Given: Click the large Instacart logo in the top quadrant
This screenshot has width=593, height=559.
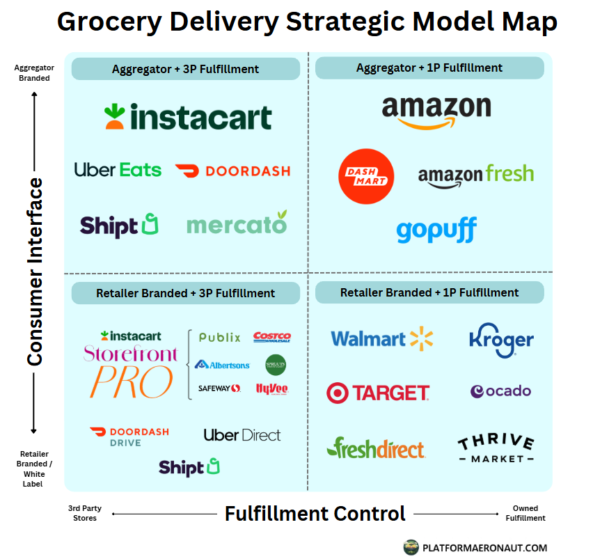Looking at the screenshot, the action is point(188,116).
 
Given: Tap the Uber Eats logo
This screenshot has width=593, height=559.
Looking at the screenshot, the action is point(118,170).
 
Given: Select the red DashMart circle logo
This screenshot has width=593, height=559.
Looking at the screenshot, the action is point(365,176).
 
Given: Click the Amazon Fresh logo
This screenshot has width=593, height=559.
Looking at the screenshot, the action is point(475,174).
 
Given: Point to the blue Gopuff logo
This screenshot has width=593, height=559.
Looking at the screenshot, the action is point(436,230).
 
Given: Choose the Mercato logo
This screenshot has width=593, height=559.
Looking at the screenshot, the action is point(237,224).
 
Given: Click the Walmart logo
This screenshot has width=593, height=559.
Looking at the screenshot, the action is point(381,339).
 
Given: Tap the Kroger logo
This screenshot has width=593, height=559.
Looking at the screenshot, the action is point(501,340).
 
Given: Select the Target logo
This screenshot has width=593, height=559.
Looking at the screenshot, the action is point(378,393).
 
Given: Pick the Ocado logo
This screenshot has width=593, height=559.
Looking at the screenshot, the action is point(500,391).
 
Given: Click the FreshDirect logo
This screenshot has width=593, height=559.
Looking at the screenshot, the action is point(376,448).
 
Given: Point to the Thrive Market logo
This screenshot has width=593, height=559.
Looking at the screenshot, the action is point(496,449).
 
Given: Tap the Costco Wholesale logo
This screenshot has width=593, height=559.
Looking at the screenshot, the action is point(272,337).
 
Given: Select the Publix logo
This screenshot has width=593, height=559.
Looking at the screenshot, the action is point(219,338).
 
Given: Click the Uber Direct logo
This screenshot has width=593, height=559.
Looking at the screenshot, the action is point(242,435).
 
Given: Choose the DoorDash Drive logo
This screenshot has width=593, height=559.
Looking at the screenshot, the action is point(129,436).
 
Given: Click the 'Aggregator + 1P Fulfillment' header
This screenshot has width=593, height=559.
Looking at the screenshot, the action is point(429,68).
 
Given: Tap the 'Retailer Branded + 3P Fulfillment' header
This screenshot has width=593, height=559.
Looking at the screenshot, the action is point(186,293).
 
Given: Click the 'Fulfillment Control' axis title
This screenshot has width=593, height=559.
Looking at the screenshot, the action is point(315,514).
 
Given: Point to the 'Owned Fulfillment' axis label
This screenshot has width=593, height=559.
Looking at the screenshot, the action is point(525,513).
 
